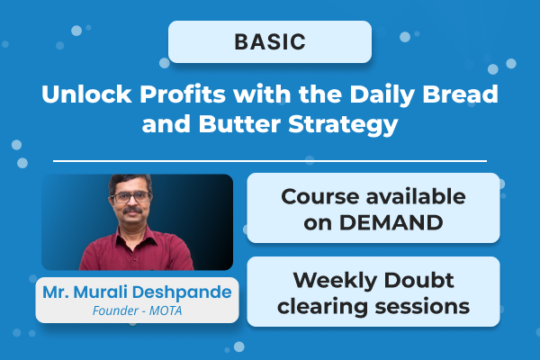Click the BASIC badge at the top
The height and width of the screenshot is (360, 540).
(x=270, y=41)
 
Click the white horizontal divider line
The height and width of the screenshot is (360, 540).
(x=270, y=161)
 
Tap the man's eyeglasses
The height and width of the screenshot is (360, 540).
(x=131, y=197)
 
